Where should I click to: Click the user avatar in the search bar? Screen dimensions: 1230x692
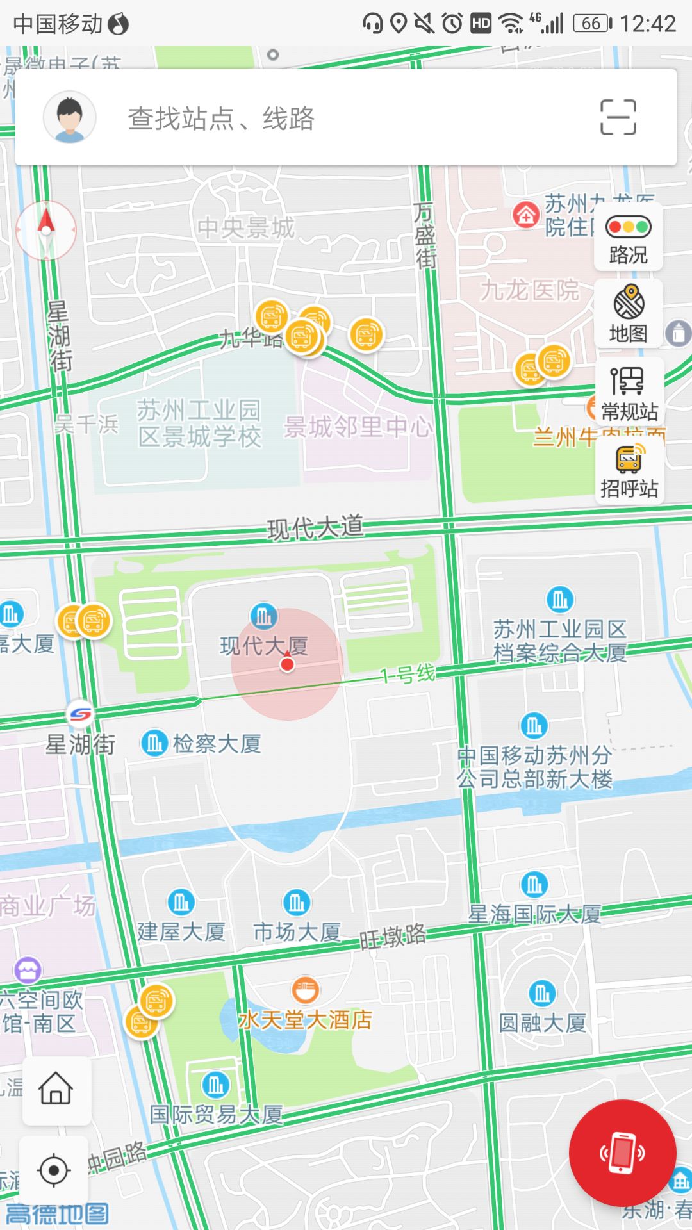pos(70,117)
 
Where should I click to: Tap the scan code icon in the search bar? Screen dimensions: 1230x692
pos(618,117)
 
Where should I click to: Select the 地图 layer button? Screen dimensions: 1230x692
pos(629,314)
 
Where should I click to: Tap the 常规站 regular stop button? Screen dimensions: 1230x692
pos(629,392)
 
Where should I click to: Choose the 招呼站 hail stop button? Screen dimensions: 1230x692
pos(629,471)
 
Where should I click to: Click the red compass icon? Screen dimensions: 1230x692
pos(46,230)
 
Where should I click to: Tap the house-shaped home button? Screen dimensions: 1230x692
pos(56,1088)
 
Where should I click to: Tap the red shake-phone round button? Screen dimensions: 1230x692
pos(622,1153)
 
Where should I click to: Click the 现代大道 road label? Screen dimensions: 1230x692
pos(315,528)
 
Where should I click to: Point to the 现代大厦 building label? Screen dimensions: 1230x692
pos(264,646)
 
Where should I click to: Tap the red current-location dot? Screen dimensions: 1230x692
pos(287,664)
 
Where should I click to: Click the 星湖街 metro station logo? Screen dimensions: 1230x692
pos(80,713)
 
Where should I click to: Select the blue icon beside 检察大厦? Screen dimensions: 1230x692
pos(154,743)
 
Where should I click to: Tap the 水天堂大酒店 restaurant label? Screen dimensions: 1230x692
pos(305,1019)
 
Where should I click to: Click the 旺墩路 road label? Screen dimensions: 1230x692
pos(393,937)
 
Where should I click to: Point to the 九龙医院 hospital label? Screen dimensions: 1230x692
pos(529,290)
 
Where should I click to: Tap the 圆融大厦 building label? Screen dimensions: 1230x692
pos(542,1022)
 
